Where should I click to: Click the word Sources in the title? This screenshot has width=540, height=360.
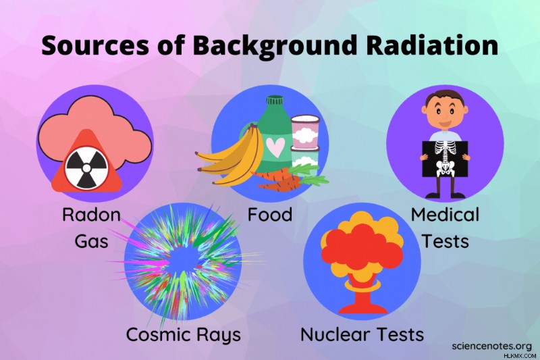click(x=95, y=45)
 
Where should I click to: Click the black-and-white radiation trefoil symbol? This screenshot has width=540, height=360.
click(x=87, y=168)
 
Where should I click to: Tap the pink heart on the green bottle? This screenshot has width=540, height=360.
click(x=276, y=147)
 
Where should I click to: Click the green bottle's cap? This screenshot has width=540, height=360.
click(x=275, y=101)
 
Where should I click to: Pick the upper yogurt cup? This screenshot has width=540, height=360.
click(x=305, y=131)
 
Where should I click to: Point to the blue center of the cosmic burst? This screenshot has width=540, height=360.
click(x=182, y=262)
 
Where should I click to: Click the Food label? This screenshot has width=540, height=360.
click(x=270, y=214)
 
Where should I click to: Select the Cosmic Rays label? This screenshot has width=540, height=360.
click(x=183, y=334)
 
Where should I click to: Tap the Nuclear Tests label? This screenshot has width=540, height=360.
click(x=362, y=334)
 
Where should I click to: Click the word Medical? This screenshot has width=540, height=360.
click(x=445, y=214)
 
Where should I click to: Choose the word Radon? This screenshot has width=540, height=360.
click(x=91, y=214)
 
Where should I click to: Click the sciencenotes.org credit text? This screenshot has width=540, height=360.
click(x=492, y=346)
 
